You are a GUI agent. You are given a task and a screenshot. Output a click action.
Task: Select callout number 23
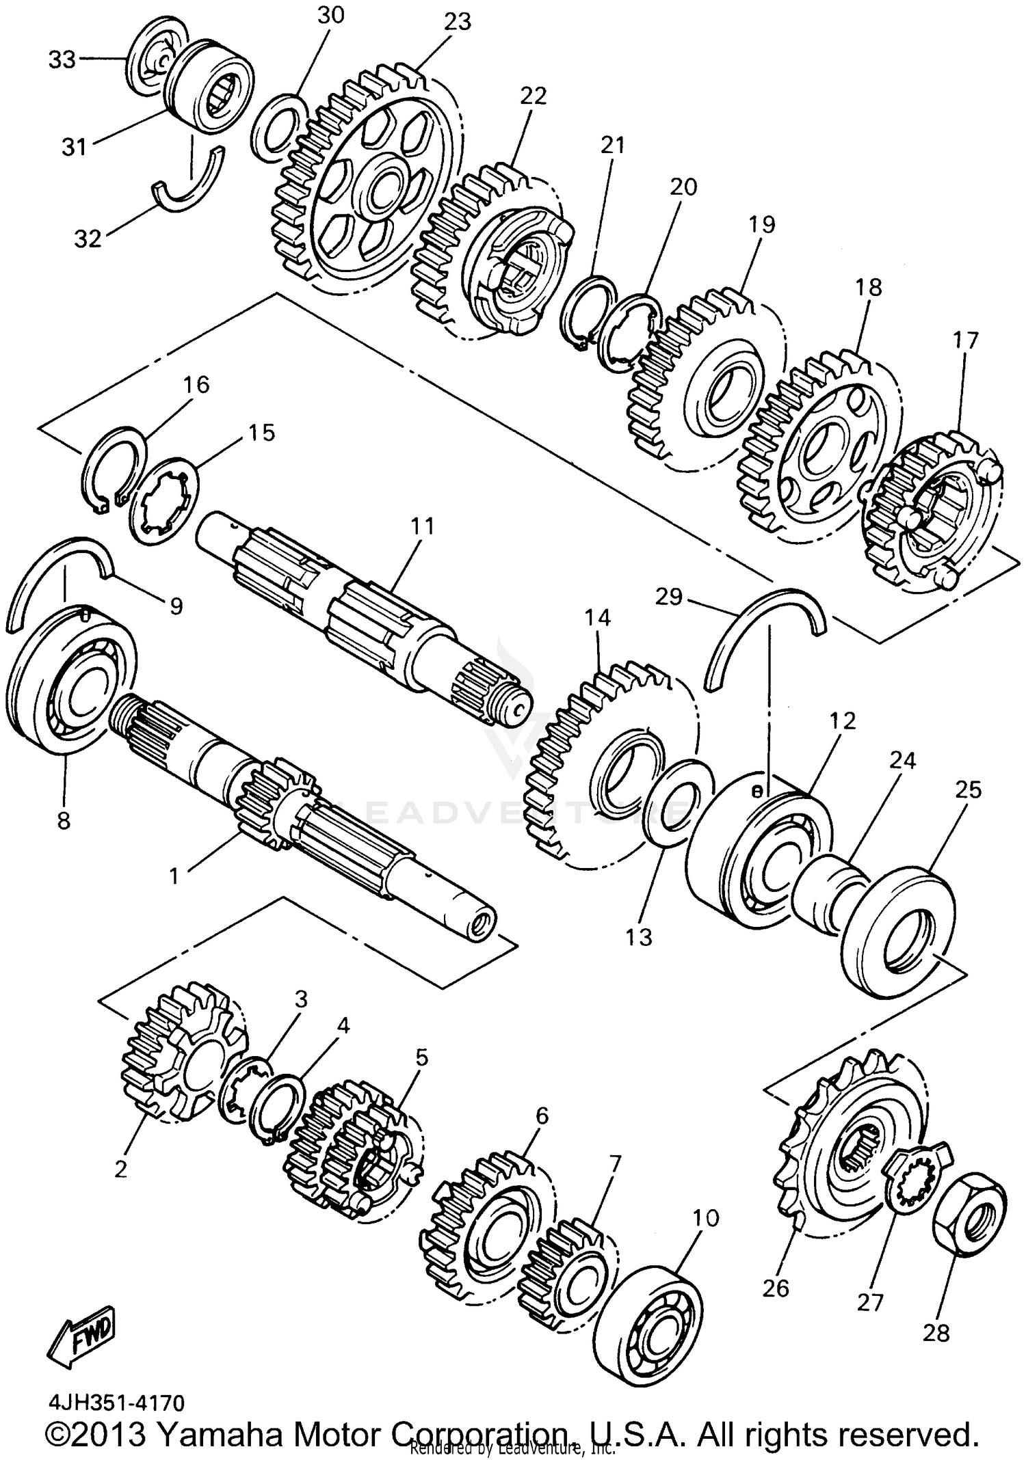pos(457,23)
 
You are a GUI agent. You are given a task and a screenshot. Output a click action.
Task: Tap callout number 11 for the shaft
pos(422,526)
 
